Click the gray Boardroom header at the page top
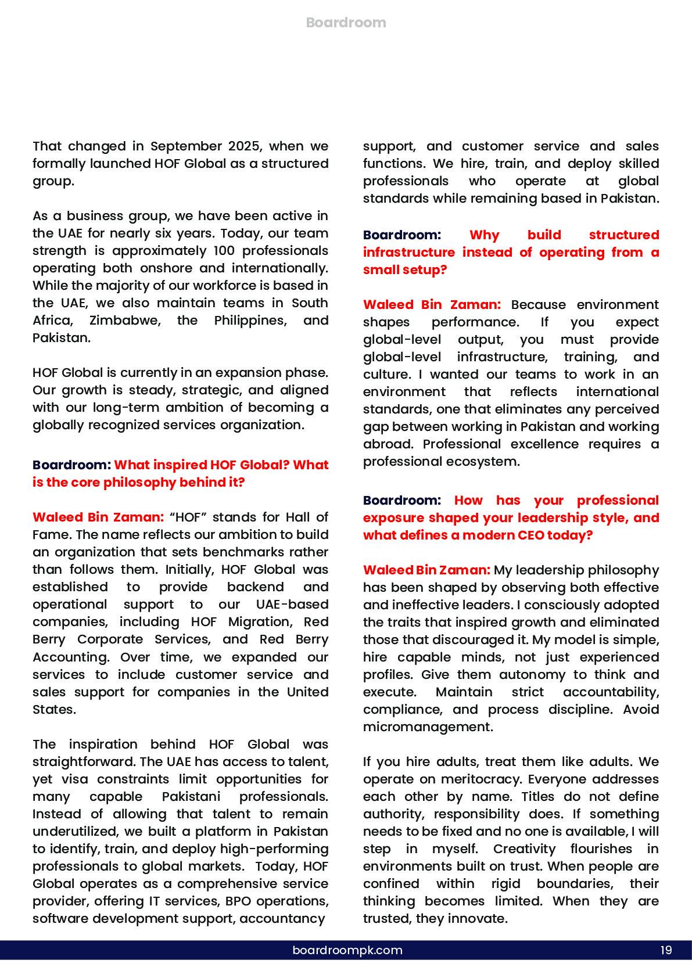[346, 23]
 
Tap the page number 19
[666, 950]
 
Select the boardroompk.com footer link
[347, 950]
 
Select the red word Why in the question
[484, 235]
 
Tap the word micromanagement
[427, 727]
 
